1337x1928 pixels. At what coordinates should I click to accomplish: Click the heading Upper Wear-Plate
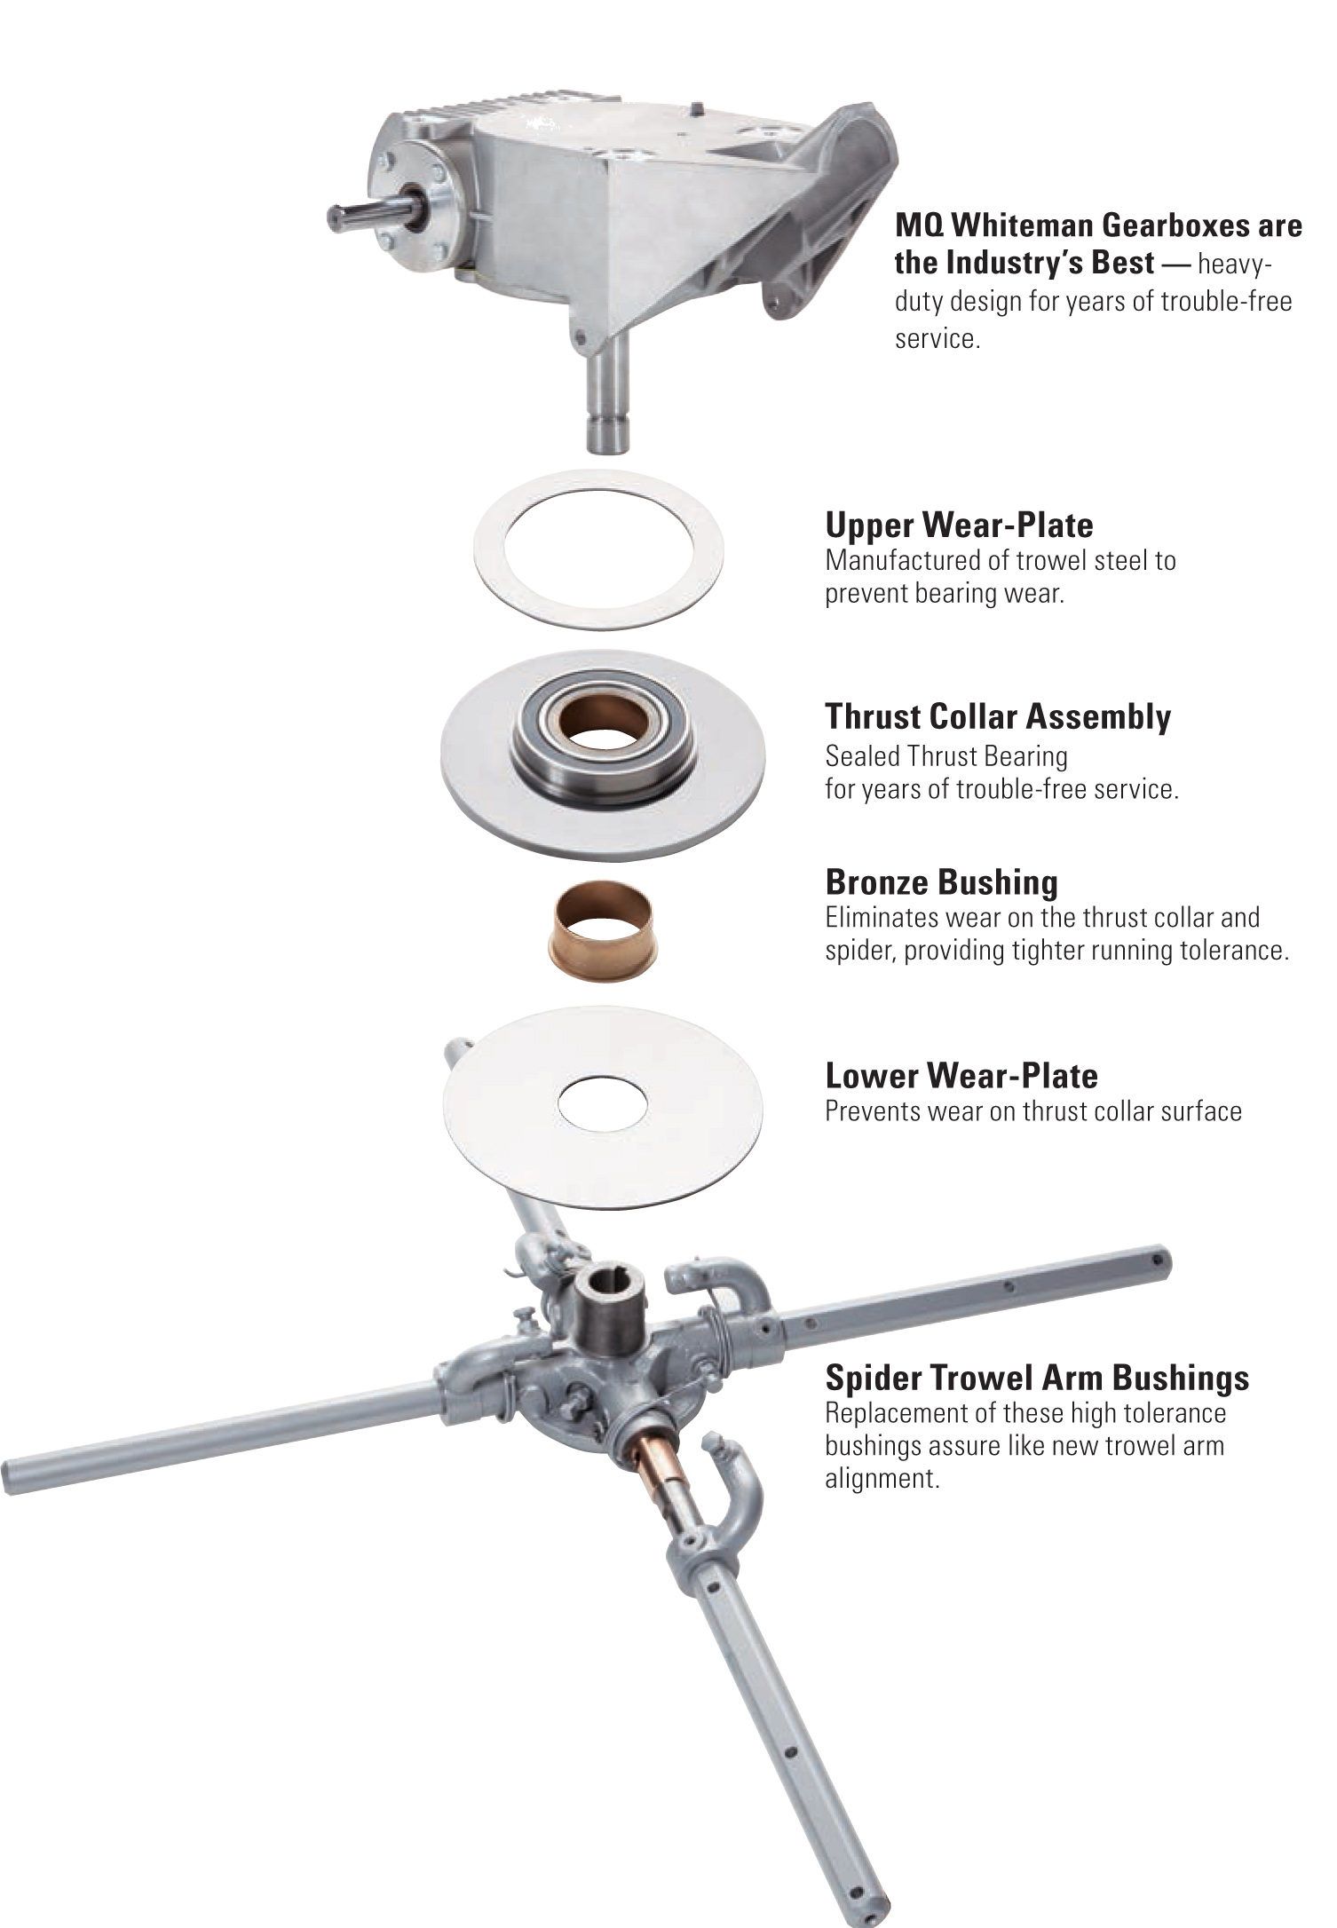[959, 525]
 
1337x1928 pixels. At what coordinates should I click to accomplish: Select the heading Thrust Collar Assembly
[998, 716]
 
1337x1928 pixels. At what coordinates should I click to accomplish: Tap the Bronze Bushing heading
[941, 882]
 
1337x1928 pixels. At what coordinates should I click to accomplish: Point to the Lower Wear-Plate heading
[961, 1076]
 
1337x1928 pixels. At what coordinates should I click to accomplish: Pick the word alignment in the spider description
[882, 1479]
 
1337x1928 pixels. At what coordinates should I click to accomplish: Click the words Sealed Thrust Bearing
[946, 756]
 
